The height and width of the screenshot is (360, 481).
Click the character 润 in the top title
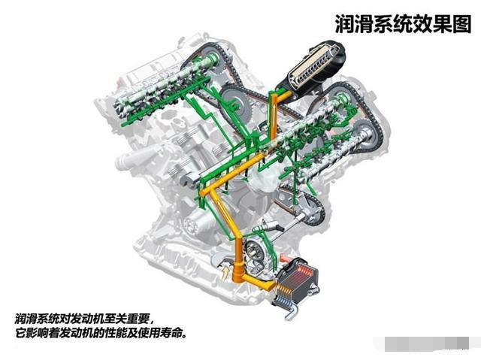(x=344, y=23)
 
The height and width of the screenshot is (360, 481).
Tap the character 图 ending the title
(x=461, y=23)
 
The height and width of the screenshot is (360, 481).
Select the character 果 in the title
(x=442, y=23)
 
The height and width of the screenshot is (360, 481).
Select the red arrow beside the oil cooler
(x=284, y=258)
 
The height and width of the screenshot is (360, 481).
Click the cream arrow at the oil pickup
(x=225, y=272)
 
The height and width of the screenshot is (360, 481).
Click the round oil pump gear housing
(x=254, y=252)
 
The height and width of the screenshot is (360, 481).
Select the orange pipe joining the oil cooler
(x=257, y=282)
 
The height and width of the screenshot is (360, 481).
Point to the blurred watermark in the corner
(x=426, y=343)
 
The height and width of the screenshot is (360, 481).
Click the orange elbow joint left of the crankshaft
(x=205, y=192)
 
